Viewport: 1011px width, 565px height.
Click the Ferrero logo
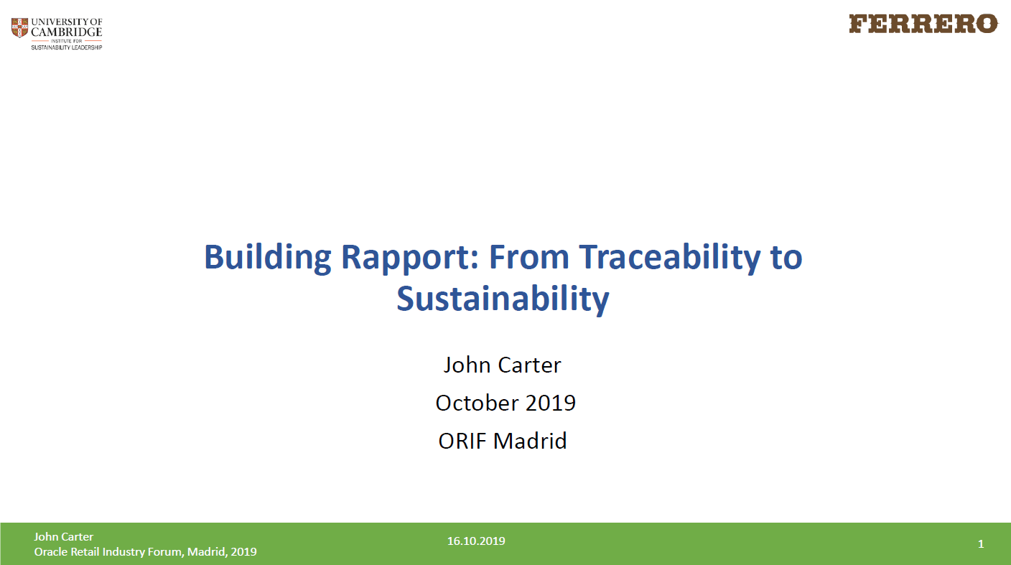[923, 24]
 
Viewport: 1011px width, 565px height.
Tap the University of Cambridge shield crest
[20, 28]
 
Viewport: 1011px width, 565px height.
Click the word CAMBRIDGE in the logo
[66, 32]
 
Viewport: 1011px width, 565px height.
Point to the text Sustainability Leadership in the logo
[66, 47]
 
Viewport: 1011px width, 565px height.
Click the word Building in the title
[268, 258]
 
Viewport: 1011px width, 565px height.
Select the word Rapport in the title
[409, 258]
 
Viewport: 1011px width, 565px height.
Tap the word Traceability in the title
[670, 258]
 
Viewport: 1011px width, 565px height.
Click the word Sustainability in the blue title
[503, 299]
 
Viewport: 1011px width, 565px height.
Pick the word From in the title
[529, 257]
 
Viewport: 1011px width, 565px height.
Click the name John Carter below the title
[503, 365]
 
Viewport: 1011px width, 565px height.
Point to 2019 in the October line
[550, 403]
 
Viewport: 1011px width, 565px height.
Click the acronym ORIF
[462, 441]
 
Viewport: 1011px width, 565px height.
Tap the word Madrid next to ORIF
[530, 441]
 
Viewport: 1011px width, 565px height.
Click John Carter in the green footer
[64, 536]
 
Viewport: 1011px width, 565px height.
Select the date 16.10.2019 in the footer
[476, 541]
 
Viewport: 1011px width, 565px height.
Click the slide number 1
[981, 544]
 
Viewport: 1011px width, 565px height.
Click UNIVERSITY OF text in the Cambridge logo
[67, 22]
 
